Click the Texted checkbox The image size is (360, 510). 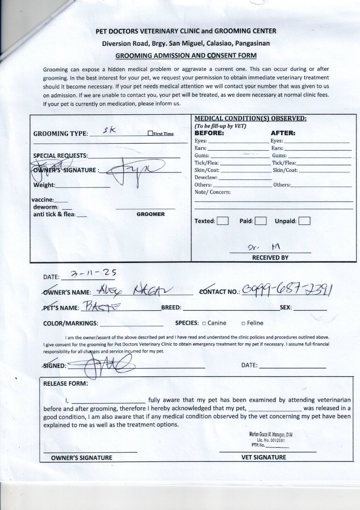223,221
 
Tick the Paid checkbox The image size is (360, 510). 261,221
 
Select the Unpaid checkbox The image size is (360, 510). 304,221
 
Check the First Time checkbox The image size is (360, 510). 150,134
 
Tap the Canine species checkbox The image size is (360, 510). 204,323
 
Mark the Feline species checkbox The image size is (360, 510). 243,323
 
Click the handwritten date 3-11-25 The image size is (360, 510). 93,274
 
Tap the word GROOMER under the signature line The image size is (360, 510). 151,214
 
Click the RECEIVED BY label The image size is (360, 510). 270,258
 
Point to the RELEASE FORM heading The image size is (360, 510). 66,383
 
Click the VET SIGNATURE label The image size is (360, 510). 264,457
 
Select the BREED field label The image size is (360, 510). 171,307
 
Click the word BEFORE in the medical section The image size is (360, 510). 209,133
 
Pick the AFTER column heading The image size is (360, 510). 283,133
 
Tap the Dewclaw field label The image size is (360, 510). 206,178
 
